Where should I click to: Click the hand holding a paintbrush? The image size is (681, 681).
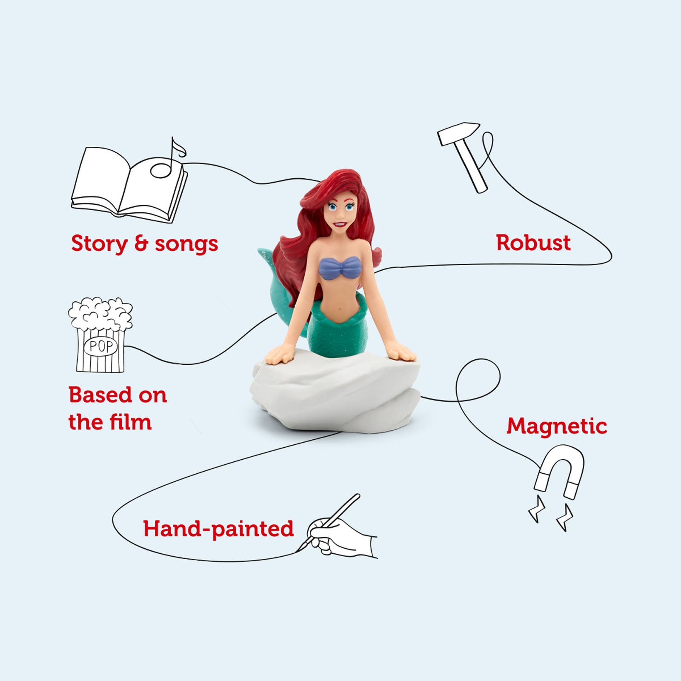coord(340,536)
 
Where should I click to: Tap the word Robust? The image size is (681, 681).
coord(533,243)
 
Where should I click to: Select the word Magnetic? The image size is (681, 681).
coord(556,426)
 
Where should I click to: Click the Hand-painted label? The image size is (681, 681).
coord(218,529)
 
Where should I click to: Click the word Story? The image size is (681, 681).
coord(99,244)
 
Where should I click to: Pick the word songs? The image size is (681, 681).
coord(186,244)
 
